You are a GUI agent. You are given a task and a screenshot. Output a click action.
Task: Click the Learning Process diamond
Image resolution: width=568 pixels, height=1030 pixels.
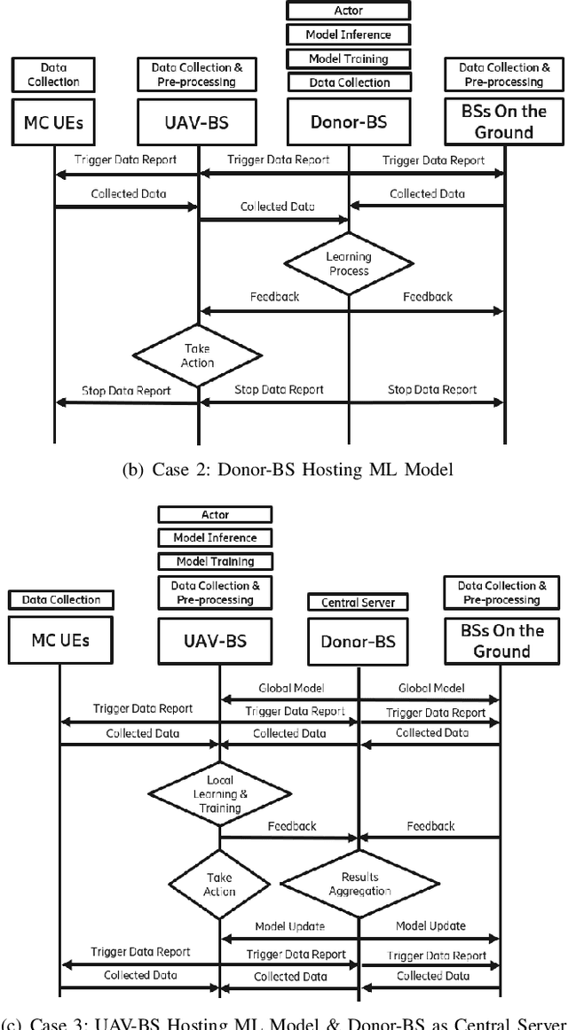349,263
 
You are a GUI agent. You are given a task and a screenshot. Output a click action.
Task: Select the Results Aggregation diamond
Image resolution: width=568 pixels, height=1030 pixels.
360,883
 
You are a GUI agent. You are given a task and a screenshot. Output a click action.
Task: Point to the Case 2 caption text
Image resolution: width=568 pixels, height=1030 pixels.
288,470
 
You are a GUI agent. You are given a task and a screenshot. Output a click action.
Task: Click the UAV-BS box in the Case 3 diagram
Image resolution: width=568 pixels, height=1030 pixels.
215,643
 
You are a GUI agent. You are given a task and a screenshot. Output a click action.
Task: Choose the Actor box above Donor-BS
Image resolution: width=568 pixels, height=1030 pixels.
349,11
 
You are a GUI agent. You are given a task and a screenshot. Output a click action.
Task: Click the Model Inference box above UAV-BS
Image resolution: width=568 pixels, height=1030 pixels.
215,537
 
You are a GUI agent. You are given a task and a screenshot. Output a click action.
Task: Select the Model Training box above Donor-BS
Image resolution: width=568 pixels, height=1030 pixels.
349,59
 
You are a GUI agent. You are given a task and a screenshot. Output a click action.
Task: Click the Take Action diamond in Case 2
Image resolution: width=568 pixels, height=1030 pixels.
197,356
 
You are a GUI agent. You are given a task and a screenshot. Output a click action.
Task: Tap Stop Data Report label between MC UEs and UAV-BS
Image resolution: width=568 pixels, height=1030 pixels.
126,389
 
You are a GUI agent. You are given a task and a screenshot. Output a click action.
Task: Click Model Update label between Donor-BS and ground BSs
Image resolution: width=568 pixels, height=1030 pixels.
430,926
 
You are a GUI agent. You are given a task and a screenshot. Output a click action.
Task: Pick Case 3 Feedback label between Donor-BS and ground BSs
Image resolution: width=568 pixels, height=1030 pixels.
430,826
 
